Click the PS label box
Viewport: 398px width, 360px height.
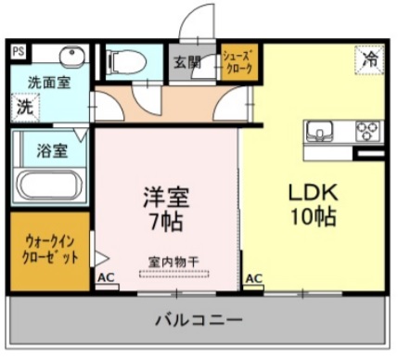pos(18,52)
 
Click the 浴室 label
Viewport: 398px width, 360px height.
pos(52,149)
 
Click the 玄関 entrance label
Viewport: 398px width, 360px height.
pos(186,63)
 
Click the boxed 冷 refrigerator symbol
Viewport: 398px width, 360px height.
pos(369,58)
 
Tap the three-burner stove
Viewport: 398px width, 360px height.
pos(366,130)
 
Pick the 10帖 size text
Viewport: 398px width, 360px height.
pos(312,219)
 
